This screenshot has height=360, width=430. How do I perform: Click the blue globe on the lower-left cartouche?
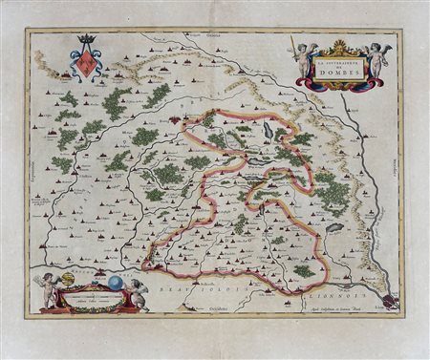click(113, 283)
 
